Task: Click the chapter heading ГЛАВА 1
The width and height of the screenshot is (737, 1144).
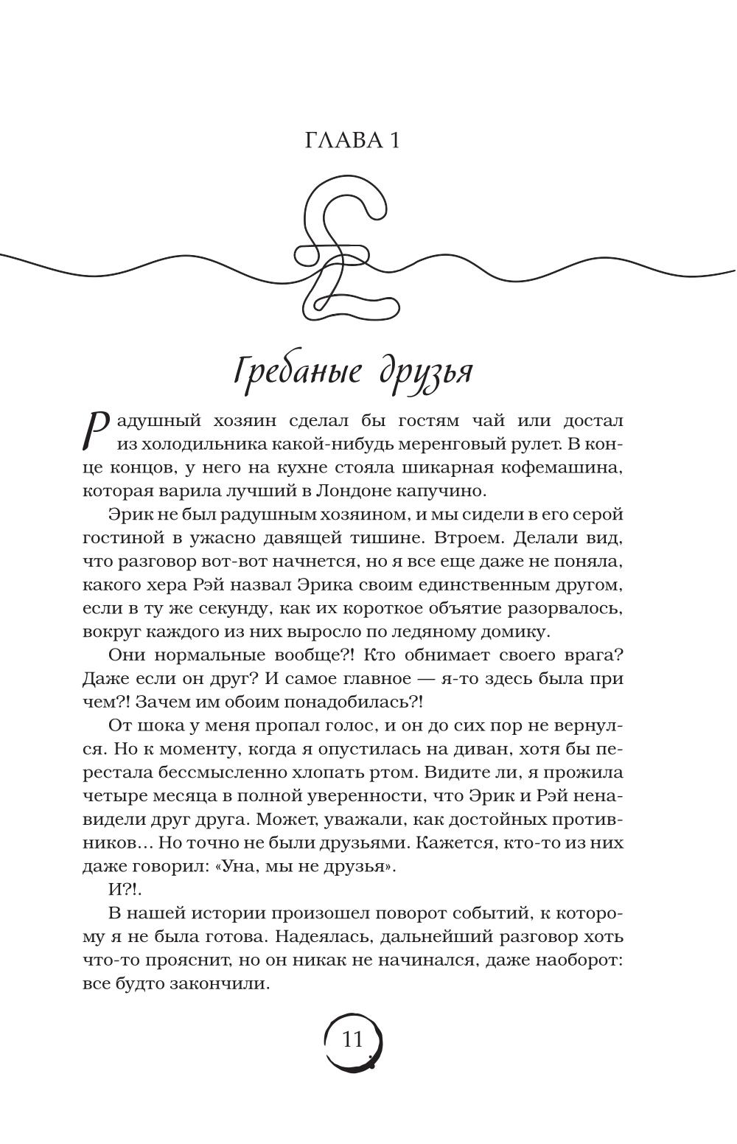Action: [x=352, y=140]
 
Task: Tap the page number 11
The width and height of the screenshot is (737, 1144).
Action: [x=353, y=1040]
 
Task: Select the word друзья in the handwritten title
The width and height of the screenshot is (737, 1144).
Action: [x=425, y=372]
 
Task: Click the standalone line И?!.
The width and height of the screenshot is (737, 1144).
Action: [x=123, y=890]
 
